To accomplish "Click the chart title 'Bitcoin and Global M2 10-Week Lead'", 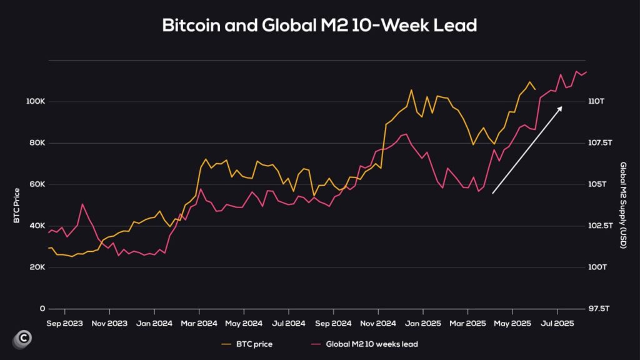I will click(319, 26).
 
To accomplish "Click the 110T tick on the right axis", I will click(597, 101).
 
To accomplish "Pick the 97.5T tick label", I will click(599, 309).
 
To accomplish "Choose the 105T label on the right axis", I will click(597, 184).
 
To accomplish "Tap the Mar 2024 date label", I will click(199, 324).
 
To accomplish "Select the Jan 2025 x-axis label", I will click(422, 324).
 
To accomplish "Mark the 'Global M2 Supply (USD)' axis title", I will click(622, 204).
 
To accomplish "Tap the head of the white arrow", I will click(561, 107).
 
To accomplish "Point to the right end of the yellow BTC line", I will click(535, 89).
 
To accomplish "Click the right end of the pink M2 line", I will click(586, 72).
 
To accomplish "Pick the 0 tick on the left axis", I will click(42, 309).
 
